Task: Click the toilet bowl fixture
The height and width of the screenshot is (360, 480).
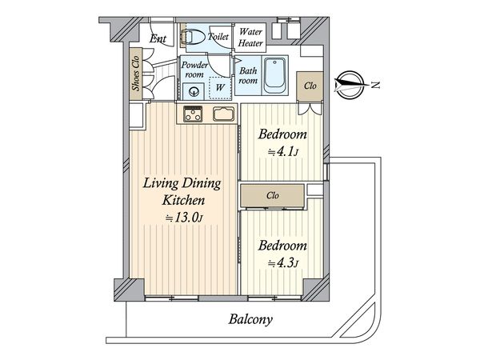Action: (194, 38)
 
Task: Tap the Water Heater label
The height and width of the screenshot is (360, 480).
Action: (250, 38)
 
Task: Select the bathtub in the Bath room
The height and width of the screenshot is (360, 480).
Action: (275, 75)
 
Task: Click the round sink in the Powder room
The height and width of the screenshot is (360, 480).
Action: (194, 92)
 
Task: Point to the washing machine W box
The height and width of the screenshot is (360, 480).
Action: (220, 87)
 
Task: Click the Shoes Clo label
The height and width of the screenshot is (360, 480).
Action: (136, 73)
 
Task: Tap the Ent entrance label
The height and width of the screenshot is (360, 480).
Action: (158, 38)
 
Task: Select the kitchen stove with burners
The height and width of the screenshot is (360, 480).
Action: (193, 114)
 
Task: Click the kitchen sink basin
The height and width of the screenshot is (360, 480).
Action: (224, 114)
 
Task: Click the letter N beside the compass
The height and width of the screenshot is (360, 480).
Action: (375, 85)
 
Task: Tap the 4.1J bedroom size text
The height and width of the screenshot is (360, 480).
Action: (282, 152)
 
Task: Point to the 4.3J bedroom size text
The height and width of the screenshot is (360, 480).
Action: (282, 263)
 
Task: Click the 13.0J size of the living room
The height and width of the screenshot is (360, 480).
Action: (184, 218)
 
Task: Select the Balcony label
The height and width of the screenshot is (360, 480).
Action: (250, 319)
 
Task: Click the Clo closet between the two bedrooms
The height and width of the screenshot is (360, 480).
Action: (273, 195)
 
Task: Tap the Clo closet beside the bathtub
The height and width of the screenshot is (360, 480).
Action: (310, 86)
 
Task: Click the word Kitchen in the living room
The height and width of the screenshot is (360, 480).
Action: (183, 200)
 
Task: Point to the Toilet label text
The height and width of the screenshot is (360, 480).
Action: (218, 37)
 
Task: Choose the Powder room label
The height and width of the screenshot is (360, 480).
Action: (194, 70)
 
